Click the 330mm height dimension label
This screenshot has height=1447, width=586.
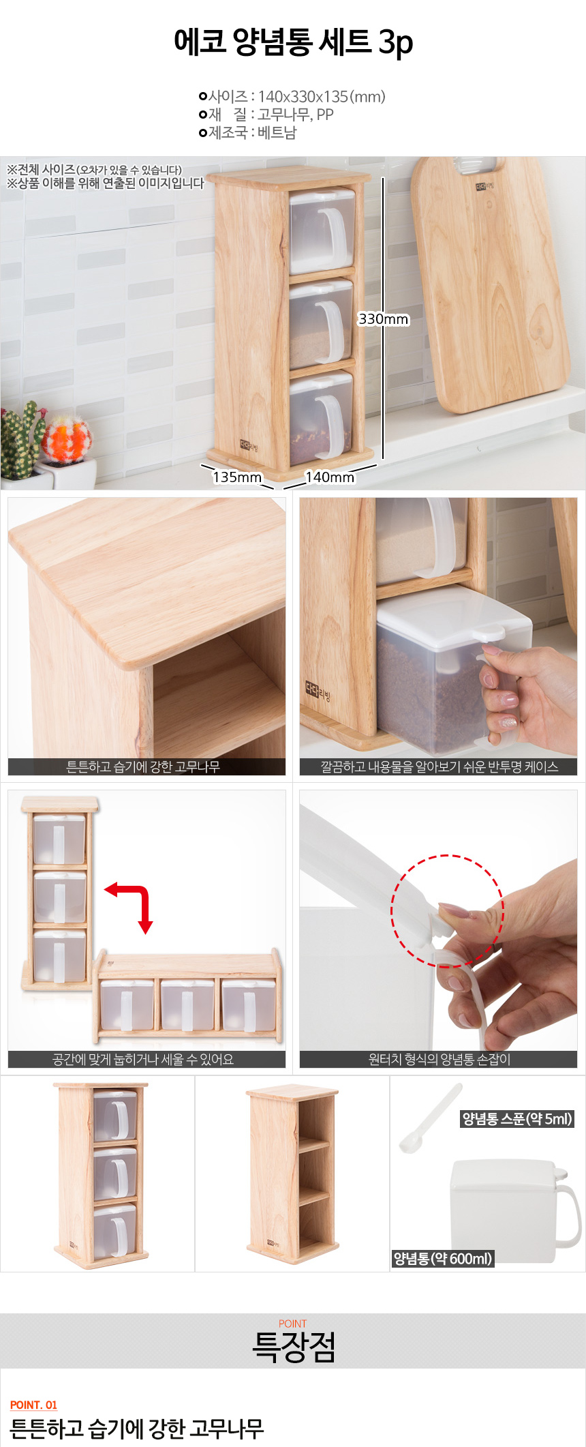pos(384,319)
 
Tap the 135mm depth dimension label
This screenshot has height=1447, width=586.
pos(237,477)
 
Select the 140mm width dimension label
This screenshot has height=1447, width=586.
pos(330,477)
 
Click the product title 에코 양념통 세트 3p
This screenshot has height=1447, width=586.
pos(293,42)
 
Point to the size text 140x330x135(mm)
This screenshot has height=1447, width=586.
pos(322,97)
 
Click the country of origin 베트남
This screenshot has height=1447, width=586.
pos(277,132)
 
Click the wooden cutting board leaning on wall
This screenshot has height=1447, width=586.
pos(491,285)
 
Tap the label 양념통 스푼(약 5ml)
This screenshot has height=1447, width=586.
pos(517,1118)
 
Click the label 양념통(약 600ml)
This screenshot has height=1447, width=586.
pos(443,1259)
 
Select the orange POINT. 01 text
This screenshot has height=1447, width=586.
pos(33,1405)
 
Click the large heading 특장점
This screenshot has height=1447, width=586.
pos(294,1347)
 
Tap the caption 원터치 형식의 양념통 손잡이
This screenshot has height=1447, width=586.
pos(439,1059)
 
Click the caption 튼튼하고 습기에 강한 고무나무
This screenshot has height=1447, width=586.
pos(143,766)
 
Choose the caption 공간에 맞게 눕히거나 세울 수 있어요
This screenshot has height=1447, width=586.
pos(143,1059)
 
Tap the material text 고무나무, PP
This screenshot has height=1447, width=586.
pos(296,115)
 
